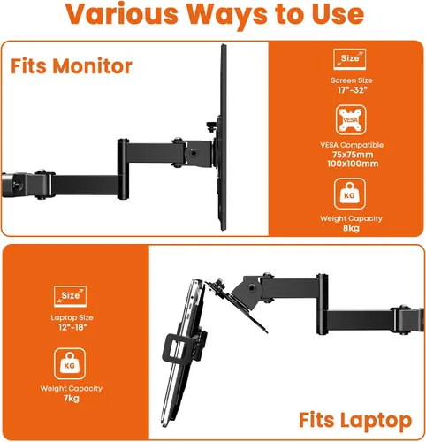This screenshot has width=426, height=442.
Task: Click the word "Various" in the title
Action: click(x=121, y=14)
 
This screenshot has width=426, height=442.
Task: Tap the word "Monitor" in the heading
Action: click(x=92, y=66)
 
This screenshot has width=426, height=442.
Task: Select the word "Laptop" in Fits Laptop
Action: click(x=376, y=420)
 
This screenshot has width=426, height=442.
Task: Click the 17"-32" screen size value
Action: click(x=352, y=90)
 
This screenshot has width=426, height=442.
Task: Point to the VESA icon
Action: click(x=351, y=120)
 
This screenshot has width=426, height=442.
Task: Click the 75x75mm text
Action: click(x=353, y=155)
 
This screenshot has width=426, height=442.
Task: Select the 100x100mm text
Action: click(x=353, y=164)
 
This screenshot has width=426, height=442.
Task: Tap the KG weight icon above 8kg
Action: click(x=350, y=194)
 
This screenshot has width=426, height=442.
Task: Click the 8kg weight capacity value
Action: click(x=351, y=228)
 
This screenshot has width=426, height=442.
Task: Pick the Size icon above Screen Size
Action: click(x=350, y=59)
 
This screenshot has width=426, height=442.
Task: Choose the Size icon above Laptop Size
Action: click(x=71, y=296)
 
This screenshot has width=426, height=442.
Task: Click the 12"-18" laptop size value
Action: click(x=72, y=327)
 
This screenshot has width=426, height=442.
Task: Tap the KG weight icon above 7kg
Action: click(x=70, y=363)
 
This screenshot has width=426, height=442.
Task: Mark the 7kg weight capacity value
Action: click(x=72, y=399)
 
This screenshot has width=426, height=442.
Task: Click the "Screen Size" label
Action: click(x=352, y=80)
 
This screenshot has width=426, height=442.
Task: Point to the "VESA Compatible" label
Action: click(x=352, y=145)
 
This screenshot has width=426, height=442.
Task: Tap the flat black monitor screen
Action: click(x=224, y=137)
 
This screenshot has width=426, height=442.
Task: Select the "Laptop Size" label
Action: click(x=72, y=317)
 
